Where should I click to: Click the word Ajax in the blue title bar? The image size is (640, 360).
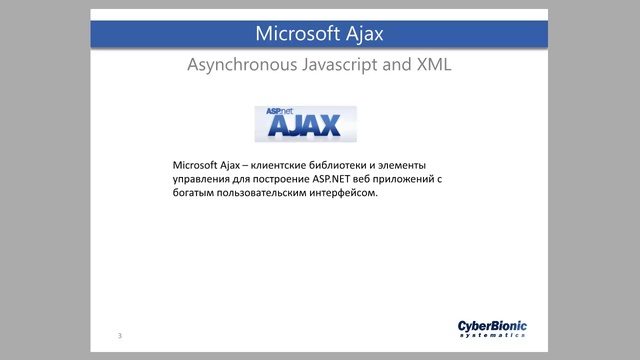363,34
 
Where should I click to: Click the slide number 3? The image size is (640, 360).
119,334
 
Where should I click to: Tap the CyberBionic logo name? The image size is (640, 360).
492,325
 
